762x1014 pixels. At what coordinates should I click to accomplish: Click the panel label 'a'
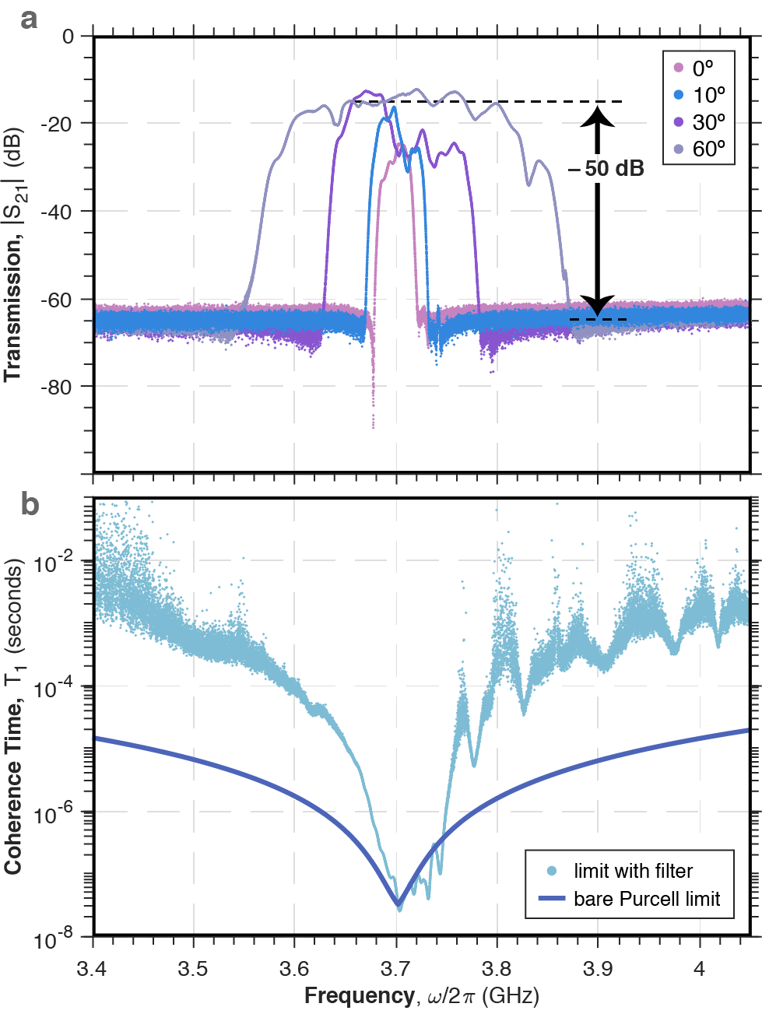coord(28,18)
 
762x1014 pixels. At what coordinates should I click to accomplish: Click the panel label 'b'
coord(29,504)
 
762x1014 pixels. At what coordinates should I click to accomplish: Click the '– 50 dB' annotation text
coord(606,169)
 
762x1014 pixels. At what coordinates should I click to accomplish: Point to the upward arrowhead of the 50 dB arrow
coord(597,115)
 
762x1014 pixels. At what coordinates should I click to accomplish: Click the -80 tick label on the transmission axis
coord(56,387)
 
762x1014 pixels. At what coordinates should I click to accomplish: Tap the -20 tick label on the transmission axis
coord(56,124)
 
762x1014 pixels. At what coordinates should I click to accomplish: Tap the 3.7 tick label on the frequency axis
coord(395,969)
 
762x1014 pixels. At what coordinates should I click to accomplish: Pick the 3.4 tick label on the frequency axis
coord(93,969)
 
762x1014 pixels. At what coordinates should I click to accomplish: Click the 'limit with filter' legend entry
coord(632,871)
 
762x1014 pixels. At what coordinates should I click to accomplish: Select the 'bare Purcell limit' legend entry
coord(646,899)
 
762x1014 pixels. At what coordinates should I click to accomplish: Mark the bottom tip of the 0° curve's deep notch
coord(374,427)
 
